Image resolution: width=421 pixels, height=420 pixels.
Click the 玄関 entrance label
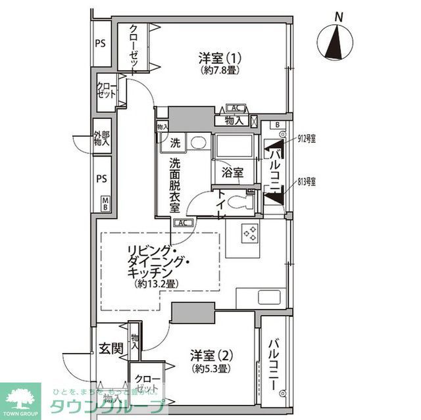(111, 348)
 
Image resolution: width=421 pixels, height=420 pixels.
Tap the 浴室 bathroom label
(232, 173)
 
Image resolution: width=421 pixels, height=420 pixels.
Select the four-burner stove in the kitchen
(250, 233)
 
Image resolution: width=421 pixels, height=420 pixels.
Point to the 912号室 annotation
(307, 139)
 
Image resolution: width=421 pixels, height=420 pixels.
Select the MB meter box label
(105, 203)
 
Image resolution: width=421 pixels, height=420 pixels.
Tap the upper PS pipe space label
(100, 44)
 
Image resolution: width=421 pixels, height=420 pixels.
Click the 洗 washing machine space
(176, 142)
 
